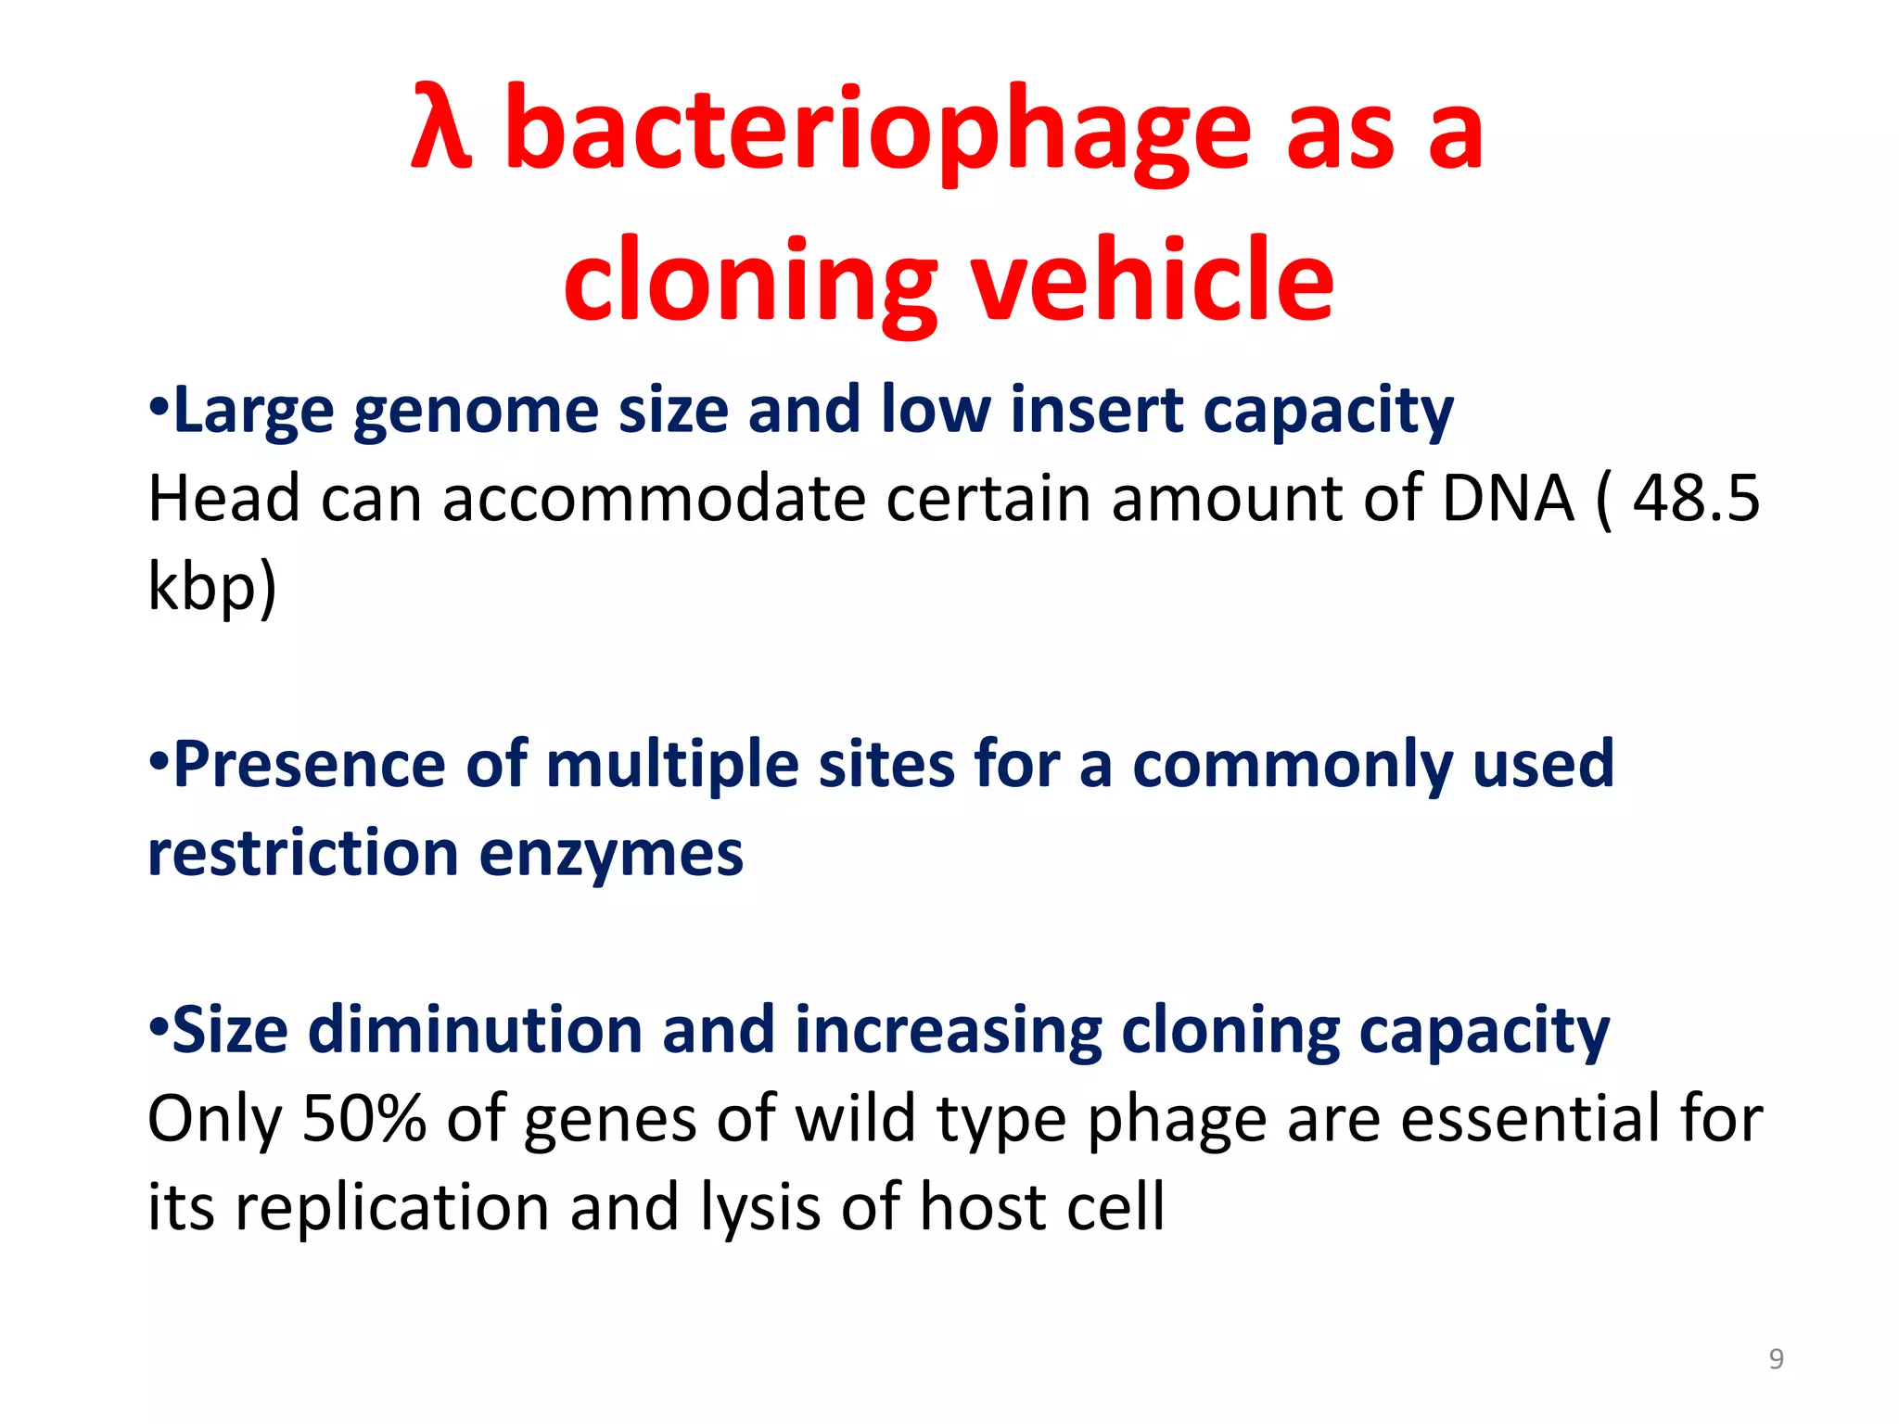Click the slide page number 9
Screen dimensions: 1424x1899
1776,1359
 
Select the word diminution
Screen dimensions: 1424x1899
475,1031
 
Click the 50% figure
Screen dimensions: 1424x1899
363,1119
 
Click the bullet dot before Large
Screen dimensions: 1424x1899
159,408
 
